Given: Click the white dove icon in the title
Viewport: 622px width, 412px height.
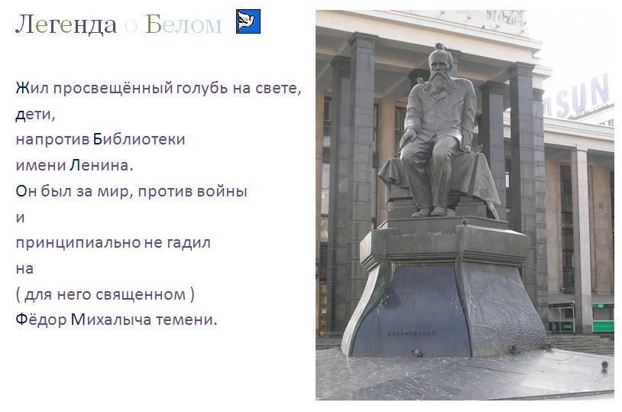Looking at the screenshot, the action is coord(248,21).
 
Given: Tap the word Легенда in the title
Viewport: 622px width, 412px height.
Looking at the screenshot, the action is coord(66,24).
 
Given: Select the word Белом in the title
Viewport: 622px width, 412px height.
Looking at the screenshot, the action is coord(183,24).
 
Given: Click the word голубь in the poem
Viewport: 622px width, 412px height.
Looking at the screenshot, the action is coord(202,88).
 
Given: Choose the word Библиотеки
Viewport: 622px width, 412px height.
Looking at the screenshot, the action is coord(139,140).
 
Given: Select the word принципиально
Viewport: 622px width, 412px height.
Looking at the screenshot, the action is coord(78,243).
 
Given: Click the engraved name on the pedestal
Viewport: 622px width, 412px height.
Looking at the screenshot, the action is coord(411,333).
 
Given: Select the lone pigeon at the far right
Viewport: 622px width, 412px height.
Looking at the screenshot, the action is coord(604,365).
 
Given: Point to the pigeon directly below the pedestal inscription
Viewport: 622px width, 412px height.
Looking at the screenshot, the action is coord(416,352).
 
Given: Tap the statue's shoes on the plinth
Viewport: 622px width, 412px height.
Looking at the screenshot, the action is coord(429,212).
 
